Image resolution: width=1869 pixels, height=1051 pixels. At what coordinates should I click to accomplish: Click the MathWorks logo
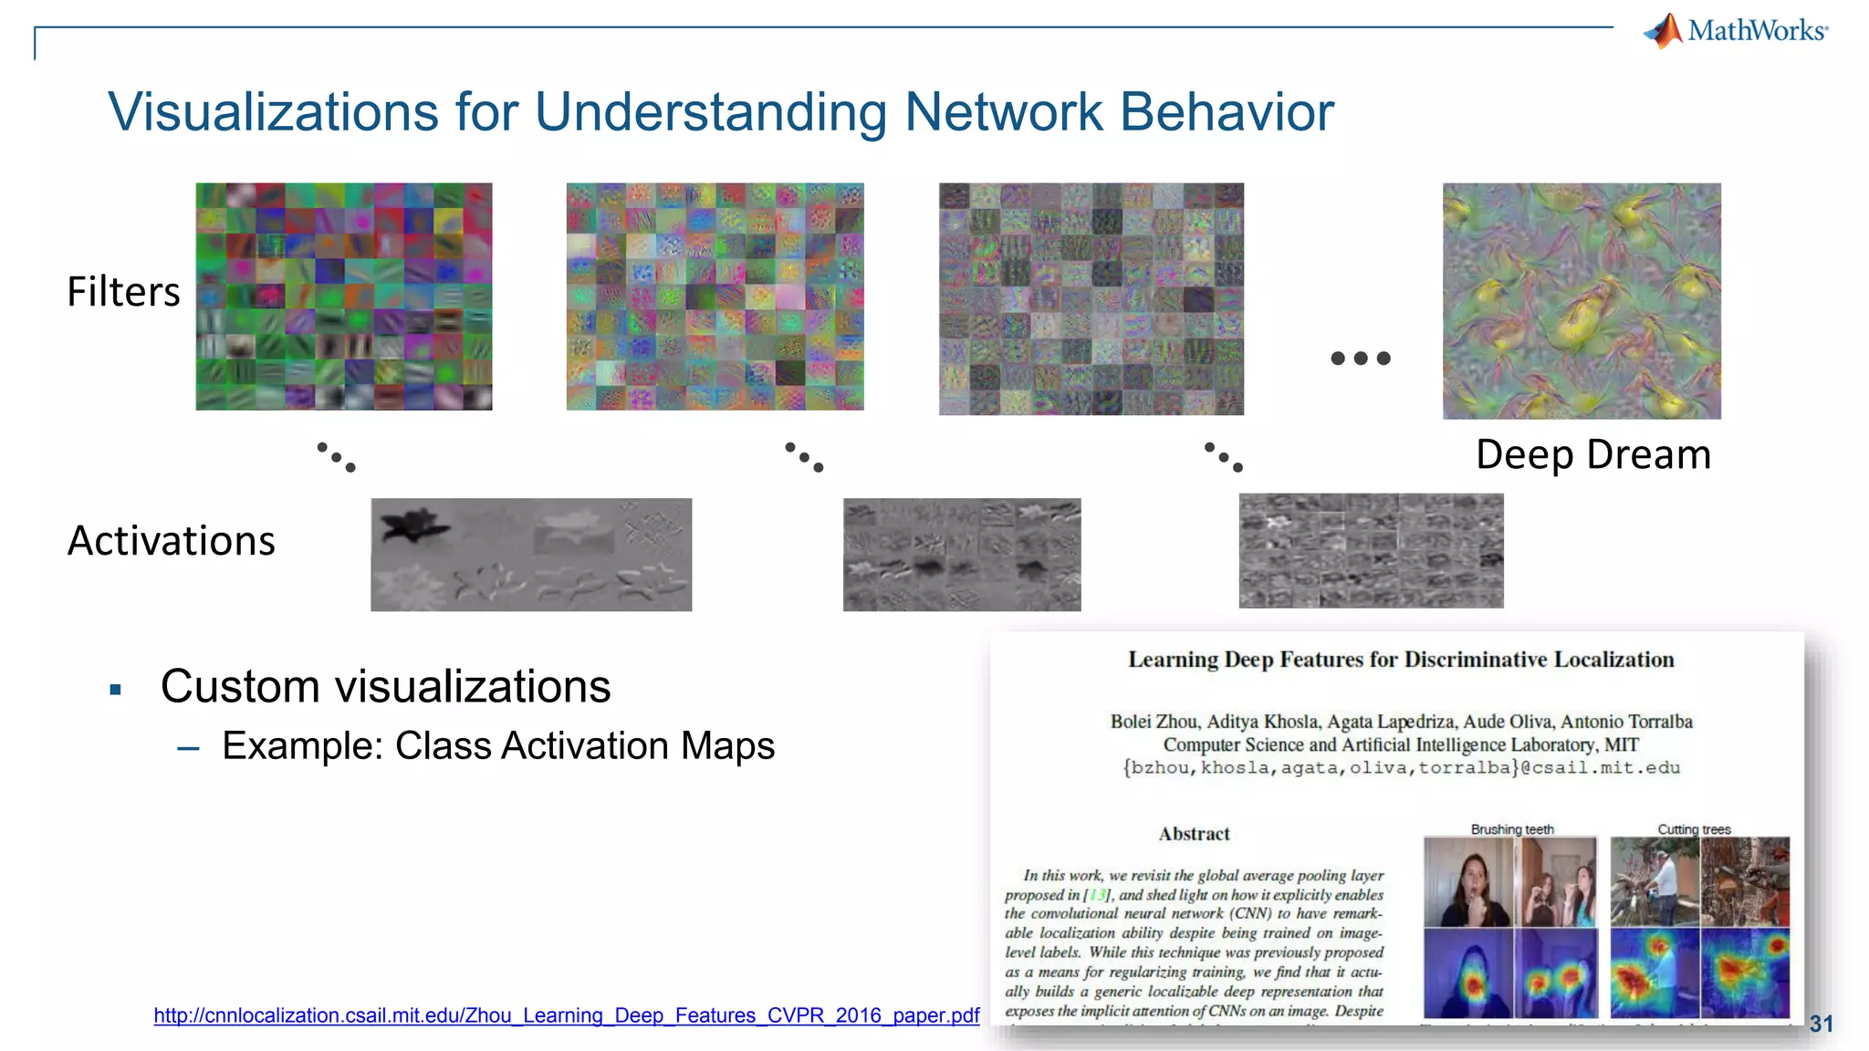point(1736,31)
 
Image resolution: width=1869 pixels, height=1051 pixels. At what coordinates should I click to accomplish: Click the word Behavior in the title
point(1227,112)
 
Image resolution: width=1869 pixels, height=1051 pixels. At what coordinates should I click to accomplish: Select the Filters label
point(124,292)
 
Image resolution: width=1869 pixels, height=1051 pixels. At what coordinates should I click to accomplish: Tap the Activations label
point(172,541)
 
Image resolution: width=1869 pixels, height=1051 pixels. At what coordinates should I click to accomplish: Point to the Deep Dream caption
point(1592,454)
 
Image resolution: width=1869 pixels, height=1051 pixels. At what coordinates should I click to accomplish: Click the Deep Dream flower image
point(1582,301)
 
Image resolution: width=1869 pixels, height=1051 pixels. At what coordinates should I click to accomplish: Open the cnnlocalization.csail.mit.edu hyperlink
point(566,1015)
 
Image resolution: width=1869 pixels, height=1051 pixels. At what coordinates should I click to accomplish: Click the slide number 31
point(1821,1024)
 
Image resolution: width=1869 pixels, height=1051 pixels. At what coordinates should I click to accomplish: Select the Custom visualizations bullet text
point(385,686)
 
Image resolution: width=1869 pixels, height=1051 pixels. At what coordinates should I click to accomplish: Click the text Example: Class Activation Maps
point(498,746)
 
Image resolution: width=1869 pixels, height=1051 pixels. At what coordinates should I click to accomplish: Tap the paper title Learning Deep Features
point(1401,660)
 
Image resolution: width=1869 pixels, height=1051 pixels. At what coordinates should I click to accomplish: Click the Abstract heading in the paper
point(1194,834)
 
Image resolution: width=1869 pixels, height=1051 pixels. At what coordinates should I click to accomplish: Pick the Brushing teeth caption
point(1512,829)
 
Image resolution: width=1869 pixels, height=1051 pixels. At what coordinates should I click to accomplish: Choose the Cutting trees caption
point(1694,829)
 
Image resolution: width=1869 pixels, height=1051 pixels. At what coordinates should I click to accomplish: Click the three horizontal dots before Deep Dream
point(1361,359)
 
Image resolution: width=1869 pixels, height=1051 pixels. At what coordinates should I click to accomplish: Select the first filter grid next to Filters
point(344,297)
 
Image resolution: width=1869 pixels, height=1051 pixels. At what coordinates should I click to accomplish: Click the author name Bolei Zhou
point(1153,722)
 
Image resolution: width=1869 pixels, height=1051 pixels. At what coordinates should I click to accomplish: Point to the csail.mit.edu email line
point(1401,768)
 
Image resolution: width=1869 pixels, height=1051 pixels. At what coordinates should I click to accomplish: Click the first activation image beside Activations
point(531,555)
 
